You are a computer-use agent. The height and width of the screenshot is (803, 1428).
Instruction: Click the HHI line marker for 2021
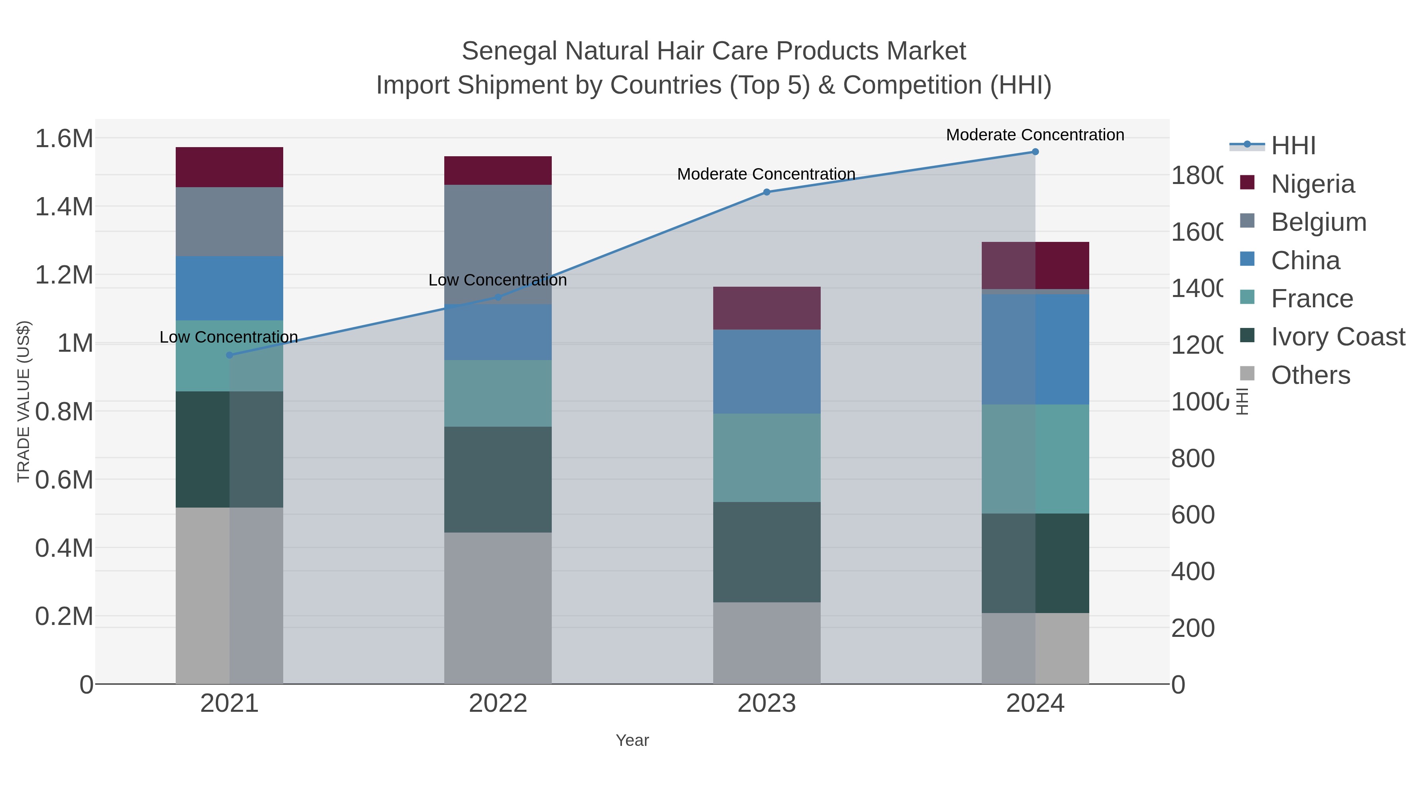230,355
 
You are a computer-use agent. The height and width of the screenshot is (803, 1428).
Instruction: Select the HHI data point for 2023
767,192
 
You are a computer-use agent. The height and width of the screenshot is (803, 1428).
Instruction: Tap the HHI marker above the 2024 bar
1035,152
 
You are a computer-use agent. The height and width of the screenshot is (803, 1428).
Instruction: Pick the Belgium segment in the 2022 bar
498,244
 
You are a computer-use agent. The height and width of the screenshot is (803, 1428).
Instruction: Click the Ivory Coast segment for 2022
498,479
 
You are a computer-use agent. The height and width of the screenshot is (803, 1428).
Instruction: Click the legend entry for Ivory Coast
1338,337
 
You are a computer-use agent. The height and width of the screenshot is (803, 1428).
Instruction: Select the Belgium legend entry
1318,222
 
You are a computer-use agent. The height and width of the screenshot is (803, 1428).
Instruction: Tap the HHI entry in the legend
1293,146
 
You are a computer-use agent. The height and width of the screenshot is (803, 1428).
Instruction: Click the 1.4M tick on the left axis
64,207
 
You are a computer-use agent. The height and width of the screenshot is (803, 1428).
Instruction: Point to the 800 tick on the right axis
1193,458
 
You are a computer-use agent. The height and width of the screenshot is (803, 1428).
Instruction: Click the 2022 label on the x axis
498,704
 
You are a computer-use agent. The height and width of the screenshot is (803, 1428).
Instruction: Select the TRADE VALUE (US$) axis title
23,401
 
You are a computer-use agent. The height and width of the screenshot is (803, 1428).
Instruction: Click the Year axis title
632,740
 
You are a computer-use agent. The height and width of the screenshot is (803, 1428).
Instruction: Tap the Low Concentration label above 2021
228,337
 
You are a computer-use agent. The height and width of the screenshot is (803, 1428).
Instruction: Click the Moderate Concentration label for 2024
1035,135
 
